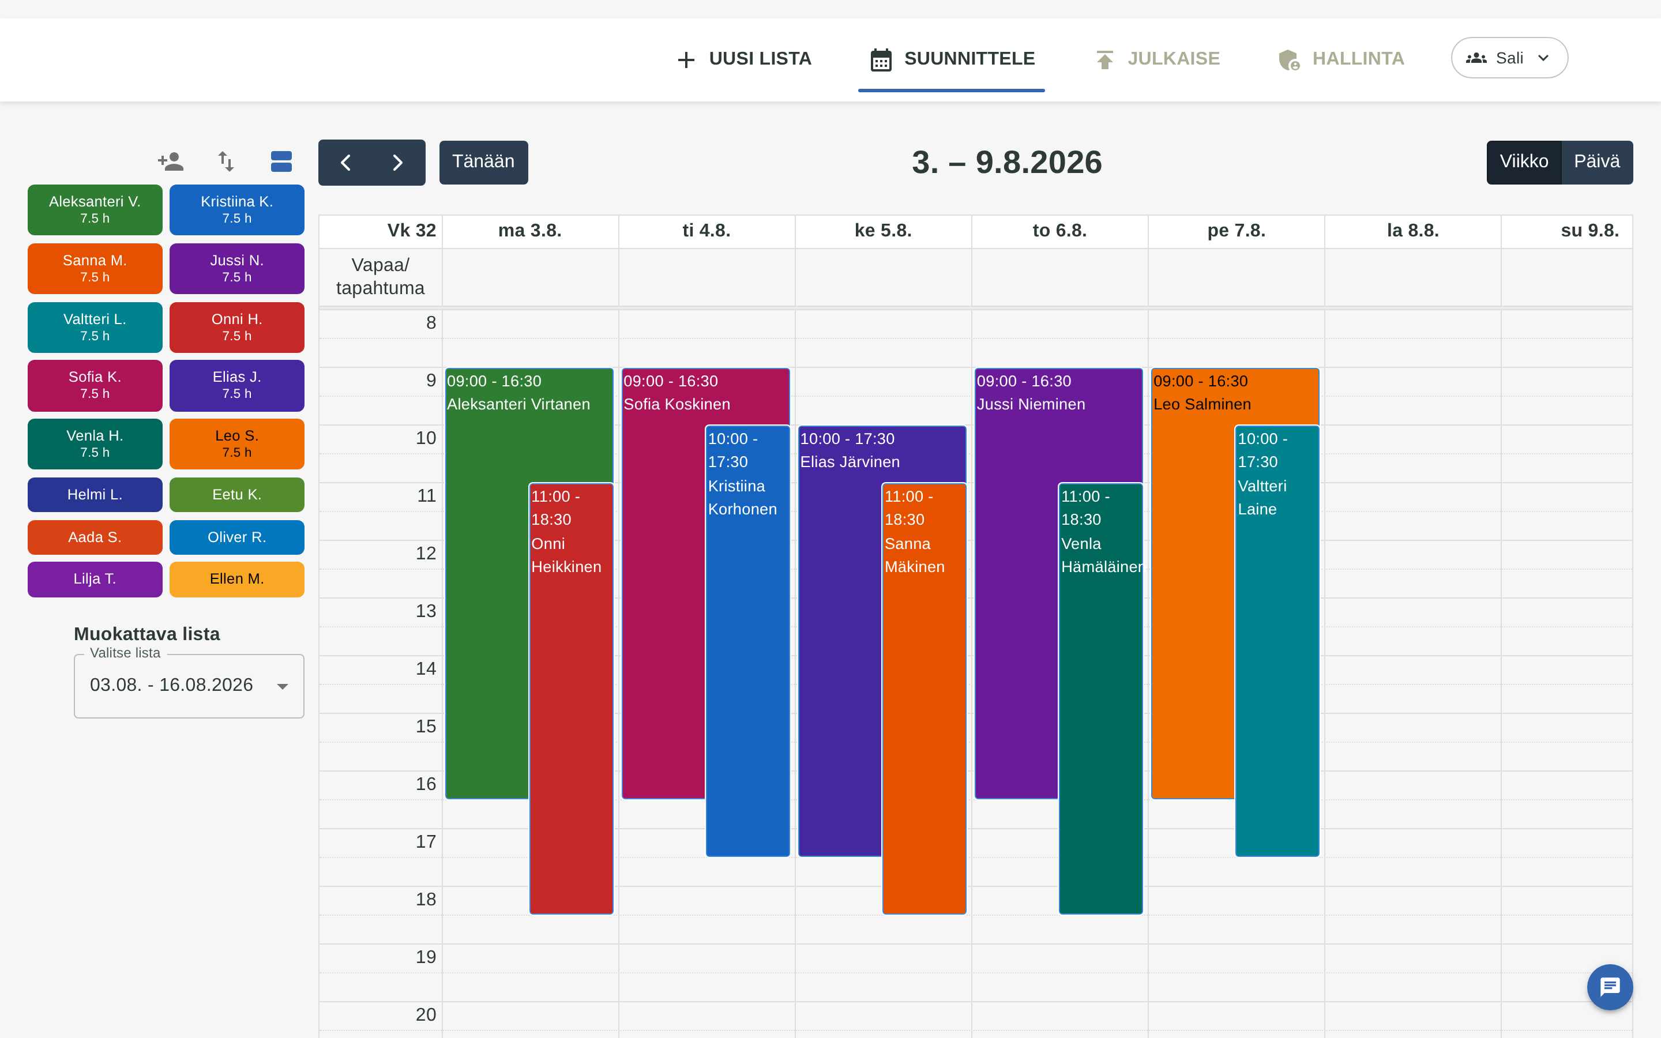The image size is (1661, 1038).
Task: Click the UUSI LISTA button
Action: point(744,59)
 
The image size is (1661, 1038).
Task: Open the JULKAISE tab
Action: point(1157,59)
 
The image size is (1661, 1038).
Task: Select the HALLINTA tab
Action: point(1341,59)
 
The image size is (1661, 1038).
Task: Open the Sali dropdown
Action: point(1509,58)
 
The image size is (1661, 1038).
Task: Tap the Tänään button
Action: point(483,162)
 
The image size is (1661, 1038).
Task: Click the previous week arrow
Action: point(345,162)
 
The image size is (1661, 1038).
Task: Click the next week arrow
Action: point(398,162)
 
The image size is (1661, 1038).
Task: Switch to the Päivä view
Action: point(1596,162)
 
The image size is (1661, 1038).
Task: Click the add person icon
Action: point(171,161)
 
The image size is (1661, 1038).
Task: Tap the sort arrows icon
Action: point(226,161)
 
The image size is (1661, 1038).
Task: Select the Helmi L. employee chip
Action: point(95,494)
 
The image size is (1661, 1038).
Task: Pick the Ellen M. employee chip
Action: point(237,579)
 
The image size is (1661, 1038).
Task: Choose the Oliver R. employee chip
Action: point(237,537)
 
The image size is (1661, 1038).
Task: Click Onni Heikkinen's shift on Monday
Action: point(571,698)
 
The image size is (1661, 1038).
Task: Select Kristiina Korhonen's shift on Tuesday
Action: point(747,641)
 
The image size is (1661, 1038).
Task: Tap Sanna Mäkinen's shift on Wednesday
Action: point(924,698)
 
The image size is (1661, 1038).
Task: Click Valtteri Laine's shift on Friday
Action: point(1277,641)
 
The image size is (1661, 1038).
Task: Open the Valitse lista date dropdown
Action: point(189,686)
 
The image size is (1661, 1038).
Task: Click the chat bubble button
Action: point(1610,987)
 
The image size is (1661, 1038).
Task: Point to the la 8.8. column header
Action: point(1412,231)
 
